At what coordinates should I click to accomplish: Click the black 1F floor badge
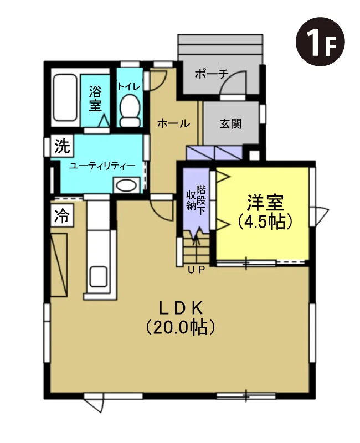tap(320, 42)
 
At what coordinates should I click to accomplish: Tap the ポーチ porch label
tap(212, 74)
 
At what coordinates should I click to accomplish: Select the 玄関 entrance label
tap(230, 123)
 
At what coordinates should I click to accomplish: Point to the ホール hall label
tap(173, 123)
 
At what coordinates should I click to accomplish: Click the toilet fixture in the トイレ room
tap(130, 111)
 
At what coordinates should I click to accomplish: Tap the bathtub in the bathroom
tap(65, 97)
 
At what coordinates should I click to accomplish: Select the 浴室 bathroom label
tap(95, 99)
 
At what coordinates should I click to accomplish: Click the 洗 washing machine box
tap(62, 146)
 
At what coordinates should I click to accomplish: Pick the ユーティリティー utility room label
tap(102, 166)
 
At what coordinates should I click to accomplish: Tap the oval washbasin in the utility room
tap(127, 186)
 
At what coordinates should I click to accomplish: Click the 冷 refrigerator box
tap(62, 215)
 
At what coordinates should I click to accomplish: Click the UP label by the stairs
tap(196, 270)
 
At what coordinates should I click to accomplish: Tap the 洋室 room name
tap(265, 203)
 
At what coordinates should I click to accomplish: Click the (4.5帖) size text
tap(265, 221)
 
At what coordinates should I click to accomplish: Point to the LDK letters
tap(181, 308)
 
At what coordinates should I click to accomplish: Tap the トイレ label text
tap(129, 86)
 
